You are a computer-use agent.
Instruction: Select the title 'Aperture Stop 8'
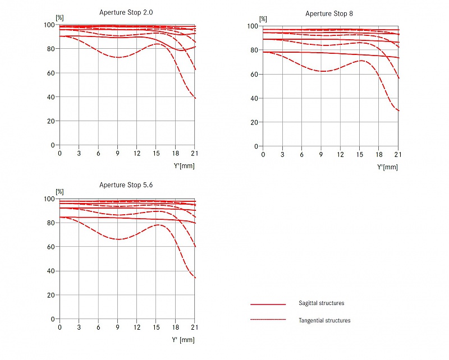tap(329, 13)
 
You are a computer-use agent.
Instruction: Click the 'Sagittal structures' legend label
tap(322, 303)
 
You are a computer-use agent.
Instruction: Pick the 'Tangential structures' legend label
tap(325, 321)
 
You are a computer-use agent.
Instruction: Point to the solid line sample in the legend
tap(268, 304)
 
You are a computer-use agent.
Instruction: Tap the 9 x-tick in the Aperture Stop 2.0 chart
tap(117, 154)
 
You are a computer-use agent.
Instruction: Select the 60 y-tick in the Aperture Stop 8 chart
tap(255, 74)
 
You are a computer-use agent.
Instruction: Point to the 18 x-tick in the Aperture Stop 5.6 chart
tap(176, 327)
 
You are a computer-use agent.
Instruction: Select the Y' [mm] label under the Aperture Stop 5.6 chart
tap(183, 340)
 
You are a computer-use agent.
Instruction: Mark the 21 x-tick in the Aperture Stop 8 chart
tap(398, 155)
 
